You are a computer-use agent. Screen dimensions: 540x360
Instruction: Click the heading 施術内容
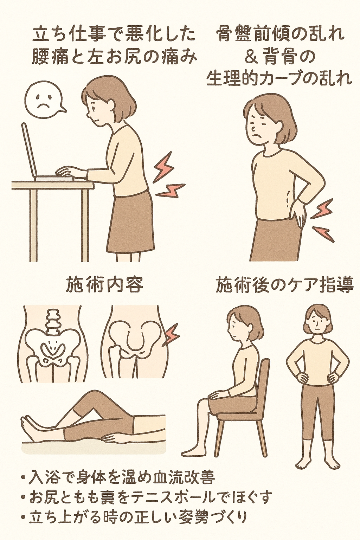point(105,286)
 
